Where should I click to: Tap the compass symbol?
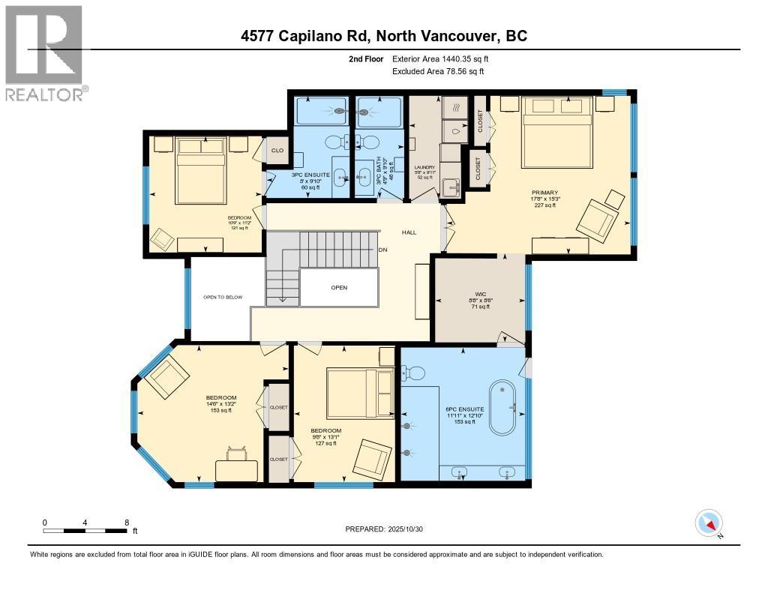tap(709, 523)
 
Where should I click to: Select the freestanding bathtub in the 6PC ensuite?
tap(508, 408)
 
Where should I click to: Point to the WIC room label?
tap(481, 295)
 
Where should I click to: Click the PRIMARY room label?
tap(544, 193)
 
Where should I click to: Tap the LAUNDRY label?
tap(424, 167)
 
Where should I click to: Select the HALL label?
tap(409, 232)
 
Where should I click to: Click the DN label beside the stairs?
tap(382, 250)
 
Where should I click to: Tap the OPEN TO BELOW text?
tap(223, 298)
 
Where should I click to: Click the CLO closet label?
tap(276, 150)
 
